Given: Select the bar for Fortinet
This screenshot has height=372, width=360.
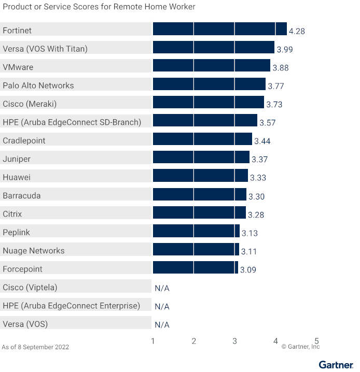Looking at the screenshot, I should tap(219, 29).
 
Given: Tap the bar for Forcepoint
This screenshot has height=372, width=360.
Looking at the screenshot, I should tap(195, 268).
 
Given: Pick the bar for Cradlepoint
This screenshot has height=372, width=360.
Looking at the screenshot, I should tap(202, 139).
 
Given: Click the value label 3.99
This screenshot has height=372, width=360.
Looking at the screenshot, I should tap(285, 49).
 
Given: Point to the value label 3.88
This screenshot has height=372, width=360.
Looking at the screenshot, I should tap(281, 68).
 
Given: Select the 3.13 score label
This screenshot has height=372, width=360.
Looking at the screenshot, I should tap(250, 233).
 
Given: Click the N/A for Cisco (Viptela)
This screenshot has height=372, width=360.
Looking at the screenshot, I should tap(162, 288).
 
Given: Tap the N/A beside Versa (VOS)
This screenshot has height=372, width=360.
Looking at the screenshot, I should tap(162, 325).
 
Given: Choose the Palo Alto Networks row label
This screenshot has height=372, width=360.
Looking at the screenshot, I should tap(38, 85).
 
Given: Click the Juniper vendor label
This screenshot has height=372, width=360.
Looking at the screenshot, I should tap(17, 159).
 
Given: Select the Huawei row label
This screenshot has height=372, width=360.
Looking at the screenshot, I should tap(17, 177).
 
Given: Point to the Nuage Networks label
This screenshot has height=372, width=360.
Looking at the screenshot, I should tap(34, 251).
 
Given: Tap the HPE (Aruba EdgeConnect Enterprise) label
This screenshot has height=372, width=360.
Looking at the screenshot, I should tap(72, 306).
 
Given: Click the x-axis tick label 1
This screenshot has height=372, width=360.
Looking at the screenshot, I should tap(153, 341).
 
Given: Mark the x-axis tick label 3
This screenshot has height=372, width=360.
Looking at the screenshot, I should tap(234, 341).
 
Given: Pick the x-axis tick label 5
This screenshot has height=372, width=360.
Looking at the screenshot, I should tap(316, 341).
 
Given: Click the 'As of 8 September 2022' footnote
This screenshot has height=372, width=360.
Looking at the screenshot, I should tap(35, 347).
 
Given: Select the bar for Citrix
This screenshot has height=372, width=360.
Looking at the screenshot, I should tap(199, 213).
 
